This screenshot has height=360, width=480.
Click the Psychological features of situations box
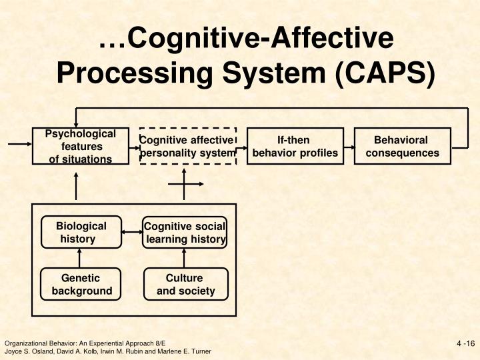[80, 146]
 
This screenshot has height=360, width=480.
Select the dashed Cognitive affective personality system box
[187, 146]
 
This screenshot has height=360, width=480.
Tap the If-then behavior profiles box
[295, 146]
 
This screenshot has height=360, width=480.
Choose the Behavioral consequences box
[401, 146]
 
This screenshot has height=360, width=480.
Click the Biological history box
[81, 232]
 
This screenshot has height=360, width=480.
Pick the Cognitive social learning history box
[185, 232]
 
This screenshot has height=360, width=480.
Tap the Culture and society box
[185, 284]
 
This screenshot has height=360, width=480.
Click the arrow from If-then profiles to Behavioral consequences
[348, 145]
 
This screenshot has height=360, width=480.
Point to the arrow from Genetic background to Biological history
[79, 257]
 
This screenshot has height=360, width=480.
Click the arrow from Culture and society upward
[184, 257]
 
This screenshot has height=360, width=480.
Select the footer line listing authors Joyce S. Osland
[107, 351]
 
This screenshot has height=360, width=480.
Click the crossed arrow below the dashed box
[185, 183]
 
